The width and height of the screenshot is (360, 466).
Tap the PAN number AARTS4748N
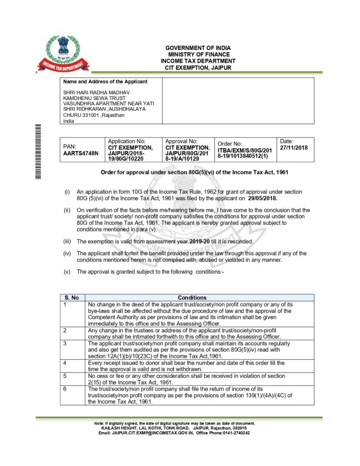pos(81,153)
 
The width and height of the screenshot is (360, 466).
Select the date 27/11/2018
pos(294,147)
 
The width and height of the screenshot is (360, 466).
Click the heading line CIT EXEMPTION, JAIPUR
pos(198,67)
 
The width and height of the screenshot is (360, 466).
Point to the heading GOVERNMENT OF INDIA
pos(198,48)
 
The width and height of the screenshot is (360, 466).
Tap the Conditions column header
pos(192,298)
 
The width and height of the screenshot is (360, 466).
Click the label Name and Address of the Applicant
pos(105,82)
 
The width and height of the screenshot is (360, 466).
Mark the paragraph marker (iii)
pos(66,241)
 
